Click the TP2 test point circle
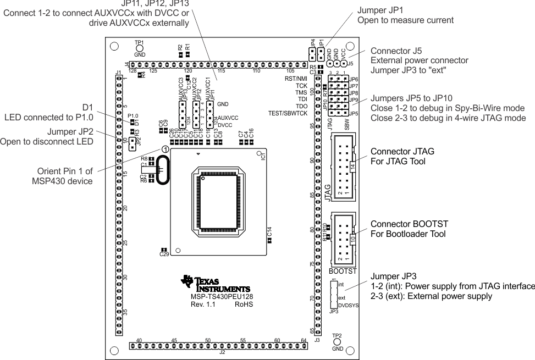click(337, 342)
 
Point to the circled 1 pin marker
click(165, 148)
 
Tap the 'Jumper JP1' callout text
click(379, 10)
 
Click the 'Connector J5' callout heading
click(393, 50)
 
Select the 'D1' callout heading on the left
click(88, 107)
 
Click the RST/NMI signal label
click(295, 79)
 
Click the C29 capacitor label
click(164, 254)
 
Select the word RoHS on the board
click(244, 303)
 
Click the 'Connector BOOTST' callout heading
click(410, 225)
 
